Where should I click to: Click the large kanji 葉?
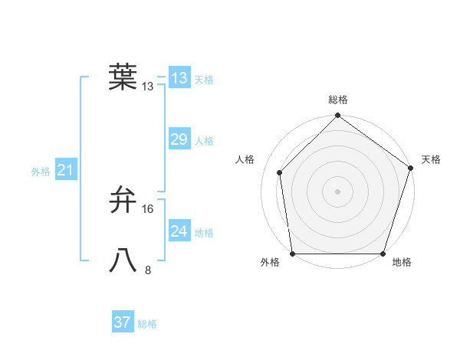click(x=123, y=77)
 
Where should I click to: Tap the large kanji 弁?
click(x=123, y=200)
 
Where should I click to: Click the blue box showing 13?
click(x=179, y=77)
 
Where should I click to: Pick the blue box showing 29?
click(x=179, y=139)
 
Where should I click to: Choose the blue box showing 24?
click(x=179, y=231)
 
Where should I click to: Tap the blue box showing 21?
click(x=65, y=171)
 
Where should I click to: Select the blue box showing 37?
click(x=123, y=322)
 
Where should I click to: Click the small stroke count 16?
click(x=148, y=209)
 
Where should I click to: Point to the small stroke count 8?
click(x=148, y=270)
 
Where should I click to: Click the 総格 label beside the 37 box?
click(x=147, y=324)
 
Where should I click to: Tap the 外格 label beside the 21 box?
click(x=41, y=172)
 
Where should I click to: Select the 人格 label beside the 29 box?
click(x=204, y=141)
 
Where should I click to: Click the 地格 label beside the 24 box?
click(x=204, y=233)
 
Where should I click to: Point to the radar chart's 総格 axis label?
click(x=337, y=100)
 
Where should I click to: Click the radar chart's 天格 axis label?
click(x=431, y=159)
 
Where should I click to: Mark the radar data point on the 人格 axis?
click(x=280, y=172)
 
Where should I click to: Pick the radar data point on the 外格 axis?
click(x=293, y=254)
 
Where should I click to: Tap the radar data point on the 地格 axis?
click(x=383, y=254)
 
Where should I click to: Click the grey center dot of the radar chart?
click(x=337, y=191)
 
